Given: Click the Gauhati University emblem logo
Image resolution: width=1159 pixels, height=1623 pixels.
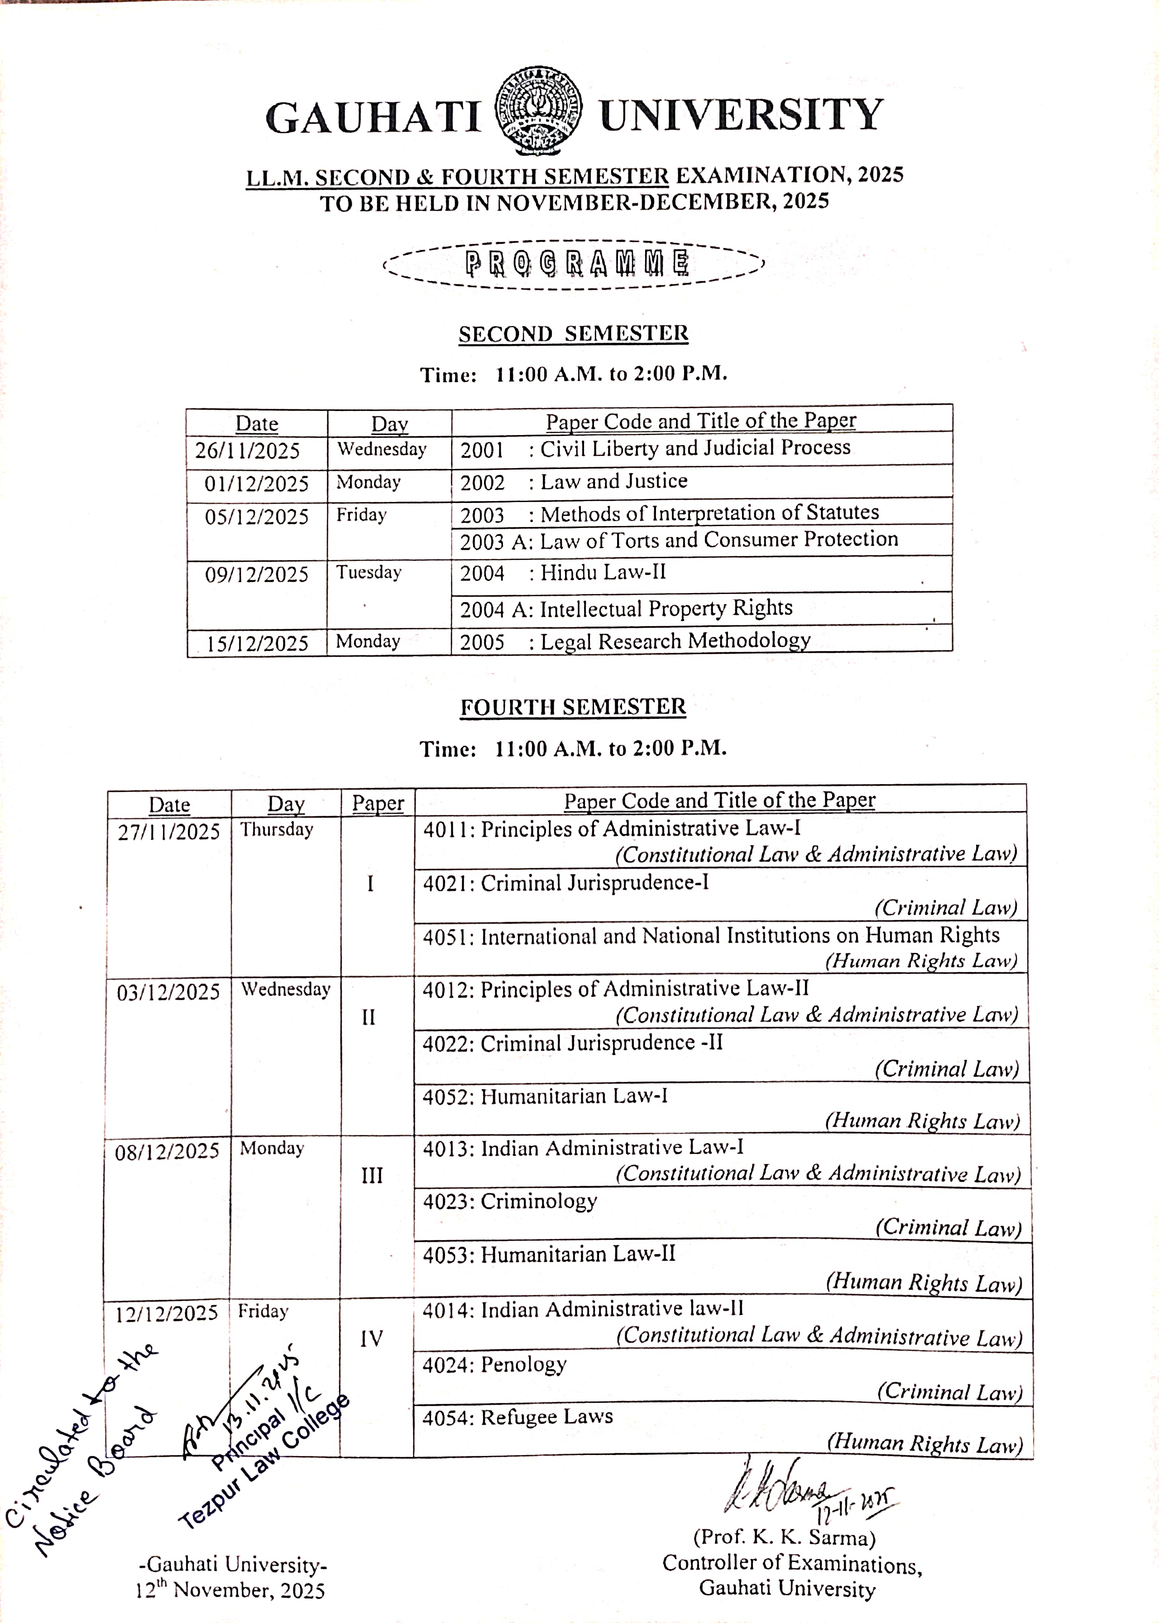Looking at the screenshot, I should click(538, 110).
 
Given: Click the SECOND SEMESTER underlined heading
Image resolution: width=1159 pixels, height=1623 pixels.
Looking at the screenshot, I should click(573, 334).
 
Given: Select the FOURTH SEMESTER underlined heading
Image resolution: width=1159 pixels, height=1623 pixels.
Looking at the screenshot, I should click(572, 707).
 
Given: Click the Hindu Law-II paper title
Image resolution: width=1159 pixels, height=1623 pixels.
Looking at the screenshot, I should click(602, 572).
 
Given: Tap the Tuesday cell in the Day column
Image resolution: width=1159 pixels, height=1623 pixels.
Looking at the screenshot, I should click(369, 572).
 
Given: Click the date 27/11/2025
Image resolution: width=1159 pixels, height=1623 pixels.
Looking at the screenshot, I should click(168, 832).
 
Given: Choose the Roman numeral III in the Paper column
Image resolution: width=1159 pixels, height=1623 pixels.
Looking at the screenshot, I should click(372, 1176).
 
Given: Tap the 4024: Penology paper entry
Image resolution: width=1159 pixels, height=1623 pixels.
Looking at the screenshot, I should click(494, 1364).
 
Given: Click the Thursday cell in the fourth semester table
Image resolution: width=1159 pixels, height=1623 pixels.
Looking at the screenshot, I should click(277, 829).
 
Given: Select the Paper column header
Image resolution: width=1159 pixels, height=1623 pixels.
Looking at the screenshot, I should click(378, 804).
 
